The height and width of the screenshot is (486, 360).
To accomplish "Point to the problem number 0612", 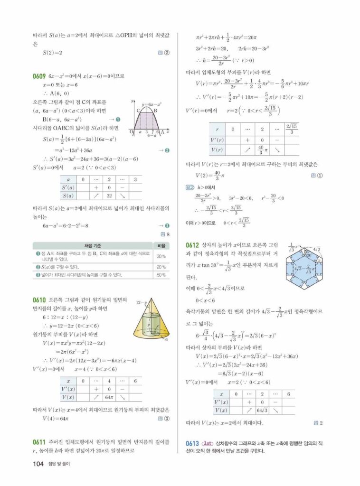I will pyautogui.click(x=192, y=245).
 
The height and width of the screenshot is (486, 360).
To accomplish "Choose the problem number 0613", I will pyautogui.click(x=192, y=443).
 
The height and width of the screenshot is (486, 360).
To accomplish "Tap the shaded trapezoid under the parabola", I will pyautogui.click(x=148, y=121).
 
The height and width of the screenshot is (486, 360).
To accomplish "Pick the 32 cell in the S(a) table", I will pyautogui.click(x=109, y=195).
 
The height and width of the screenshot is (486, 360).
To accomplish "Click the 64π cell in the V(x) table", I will pyautogui.click(x=109, y=397).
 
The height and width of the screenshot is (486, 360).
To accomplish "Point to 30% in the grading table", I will pyautogui.click(x=161, y=256).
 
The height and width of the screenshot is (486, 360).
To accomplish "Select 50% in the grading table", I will pyautogui.click(x=161, y=275).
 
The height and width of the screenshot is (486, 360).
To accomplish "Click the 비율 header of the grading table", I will pyautogui.click(x=161, y=245).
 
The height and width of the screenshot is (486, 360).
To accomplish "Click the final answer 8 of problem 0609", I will pyautogui.click(x=166, y=234).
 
